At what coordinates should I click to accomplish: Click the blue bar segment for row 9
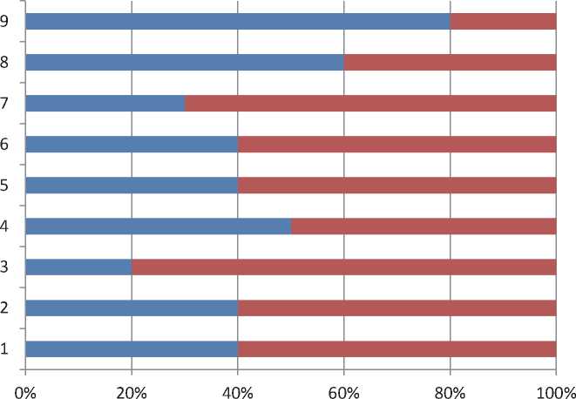(x=238, y=22)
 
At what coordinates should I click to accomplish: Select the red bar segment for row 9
(x=503, y=22)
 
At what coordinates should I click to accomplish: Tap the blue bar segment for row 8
(x=185, y=63)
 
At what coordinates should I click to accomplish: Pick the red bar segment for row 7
(x=370, y=104)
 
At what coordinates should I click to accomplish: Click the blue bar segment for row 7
(x=105, y=104)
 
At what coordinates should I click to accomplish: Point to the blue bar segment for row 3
(x=78, y=267)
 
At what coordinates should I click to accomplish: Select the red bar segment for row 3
(x=343, y=267)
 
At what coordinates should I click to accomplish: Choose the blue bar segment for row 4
(x=158, y=227)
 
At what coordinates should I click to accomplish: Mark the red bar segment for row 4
(x=424, y=227)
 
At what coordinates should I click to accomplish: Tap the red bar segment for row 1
(x=396, y=349)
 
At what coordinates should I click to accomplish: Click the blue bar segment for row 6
(x=132, y=145)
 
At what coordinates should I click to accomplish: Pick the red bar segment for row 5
(x=396, y=186)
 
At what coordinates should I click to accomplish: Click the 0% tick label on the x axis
(x=25, y=384)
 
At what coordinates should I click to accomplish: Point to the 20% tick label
(x=132, y=384)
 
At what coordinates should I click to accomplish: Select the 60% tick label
(x=343, y=384)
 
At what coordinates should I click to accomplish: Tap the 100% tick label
(x=554, y=384)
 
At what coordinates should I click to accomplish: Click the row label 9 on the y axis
(x=5, y=22)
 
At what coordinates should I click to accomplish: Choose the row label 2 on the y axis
(x=5, y=308)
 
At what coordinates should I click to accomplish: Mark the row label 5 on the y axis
(x=5, y=186)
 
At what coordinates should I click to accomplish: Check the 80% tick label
(x=450, y=384)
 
